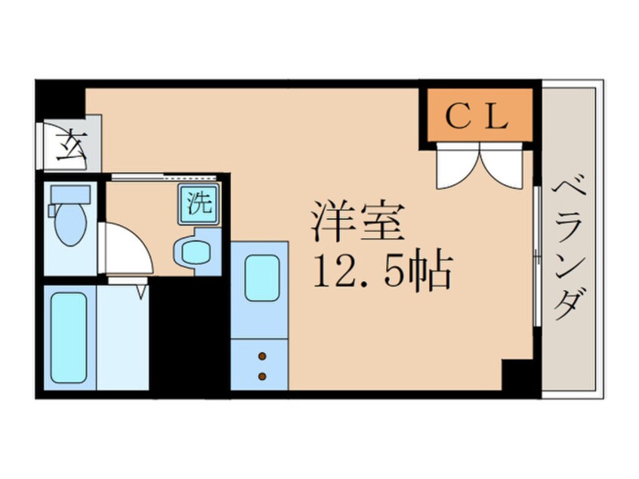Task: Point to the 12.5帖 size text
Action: click(x=382, y=271)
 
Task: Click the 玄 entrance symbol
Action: click(x=69, y=143)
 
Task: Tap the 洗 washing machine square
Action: click(x=198, y=203)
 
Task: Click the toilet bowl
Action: click(x=72, y=226)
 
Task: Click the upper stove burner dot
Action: click(x=262, y=355)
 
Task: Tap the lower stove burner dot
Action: click(x=262, y=375)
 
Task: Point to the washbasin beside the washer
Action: click(x=193, y=252)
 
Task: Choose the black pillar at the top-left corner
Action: click(x=59, y=98)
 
